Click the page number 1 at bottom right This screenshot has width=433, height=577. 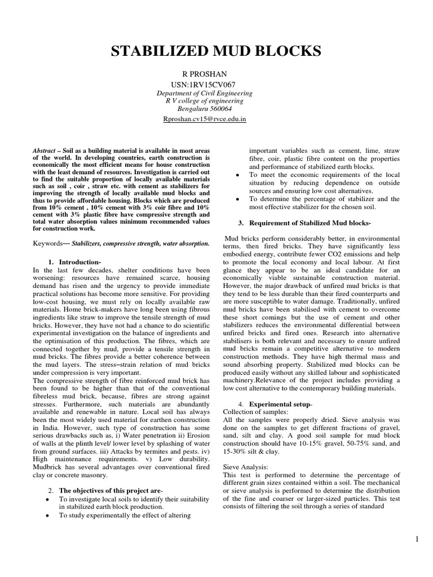click(417, 540)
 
